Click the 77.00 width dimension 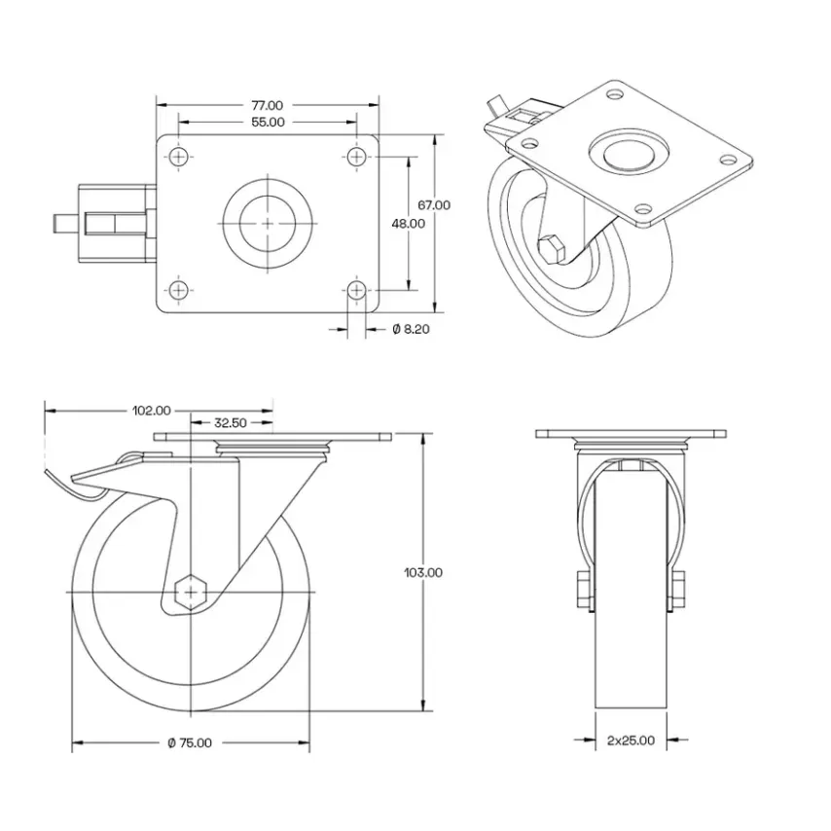click(x=268, y=105)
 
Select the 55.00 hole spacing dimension click(x=268, y=123)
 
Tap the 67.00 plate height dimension click(x=434, y=205)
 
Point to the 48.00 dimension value click(x=408, y=223)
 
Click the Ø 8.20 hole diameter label click(x=411, y=330)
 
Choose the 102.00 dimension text click(x=151, y=411)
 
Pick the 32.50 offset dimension click(x=229, y=423)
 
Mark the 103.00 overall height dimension click(x=422, y=573)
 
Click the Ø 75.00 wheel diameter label click(x=190, y=743)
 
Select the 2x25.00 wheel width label click(x=631, y=741)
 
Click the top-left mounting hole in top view click(x=178, y=156)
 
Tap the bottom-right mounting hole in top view click(x=357, y=290)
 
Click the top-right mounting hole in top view click(x=357, y=156)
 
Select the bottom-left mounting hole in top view click(x=178, y=290)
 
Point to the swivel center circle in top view click(x=268, y=223)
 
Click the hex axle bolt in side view click(x=192, y=591)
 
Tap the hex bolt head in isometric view click(x=550, y=250)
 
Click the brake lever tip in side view click(x=51, y=474)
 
